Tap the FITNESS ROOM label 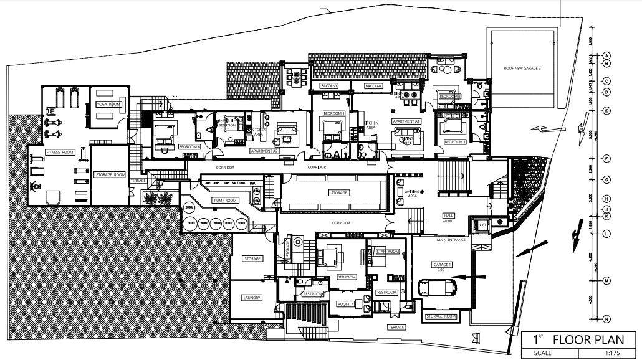pyautogui.click(x=59, y=152)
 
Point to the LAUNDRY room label pyautogui.click(x=251, y=298)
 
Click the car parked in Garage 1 pyautogui.click(x=438, y=287)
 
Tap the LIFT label pyautogui.click(x=481, y=224)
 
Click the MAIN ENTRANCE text pyautogui.click(x=452, y=239)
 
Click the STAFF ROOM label pyautogui.click(x=387, y=251)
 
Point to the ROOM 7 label pyautogui.click(x=345, y=304)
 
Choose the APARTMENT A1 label pyautogui.click(x=406, y=121)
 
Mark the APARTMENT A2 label pyautogui.click(x=264, y=151)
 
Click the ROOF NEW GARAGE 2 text pyautogui.click(x=522, y=68)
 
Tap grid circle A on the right pyautogui.click(x=606, y=55)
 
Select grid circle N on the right pyautogui.click(x=606, y=320)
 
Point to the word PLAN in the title pyautogui.click(x=613, y=339)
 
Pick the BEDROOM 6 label pyautogui.click(x=189, y=147)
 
